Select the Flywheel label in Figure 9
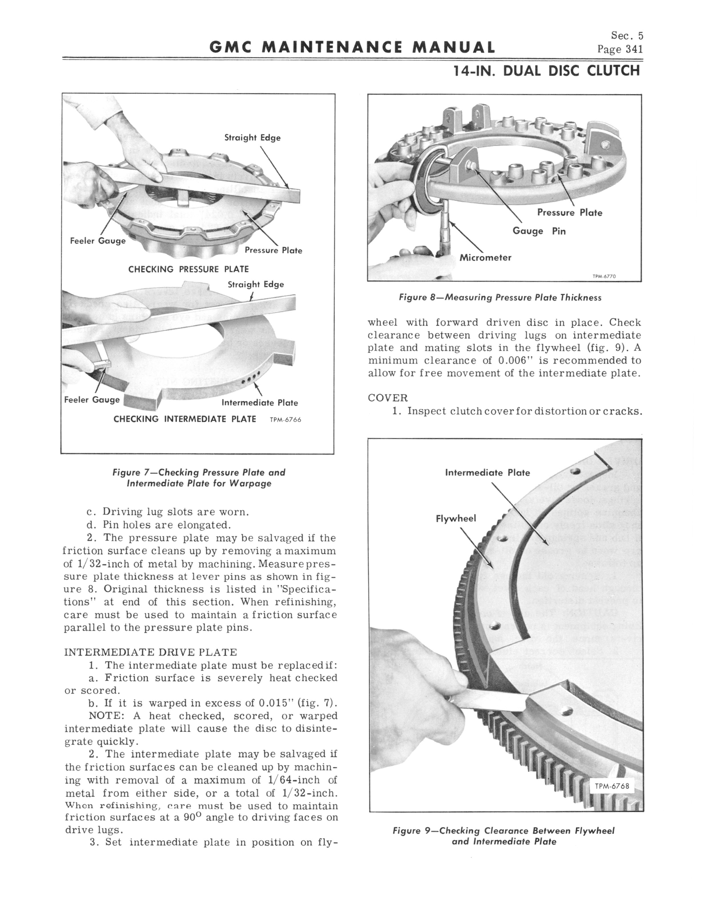pyautogui.click(x=456, y=518)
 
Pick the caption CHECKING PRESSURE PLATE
pyautogui.click(x=188, y=269)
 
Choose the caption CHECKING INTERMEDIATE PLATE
pyautogui.click(x=185, y=419)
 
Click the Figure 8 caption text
pyautogui.click(x=500, y=298)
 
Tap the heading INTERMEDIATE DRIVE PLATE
pyautogui.click(x=150, y=652)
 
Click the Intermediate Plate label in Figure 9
pyautogui.click(x=487, y=473)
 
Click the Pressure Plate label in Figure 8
pyautogui.click(x=569, y=212)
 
